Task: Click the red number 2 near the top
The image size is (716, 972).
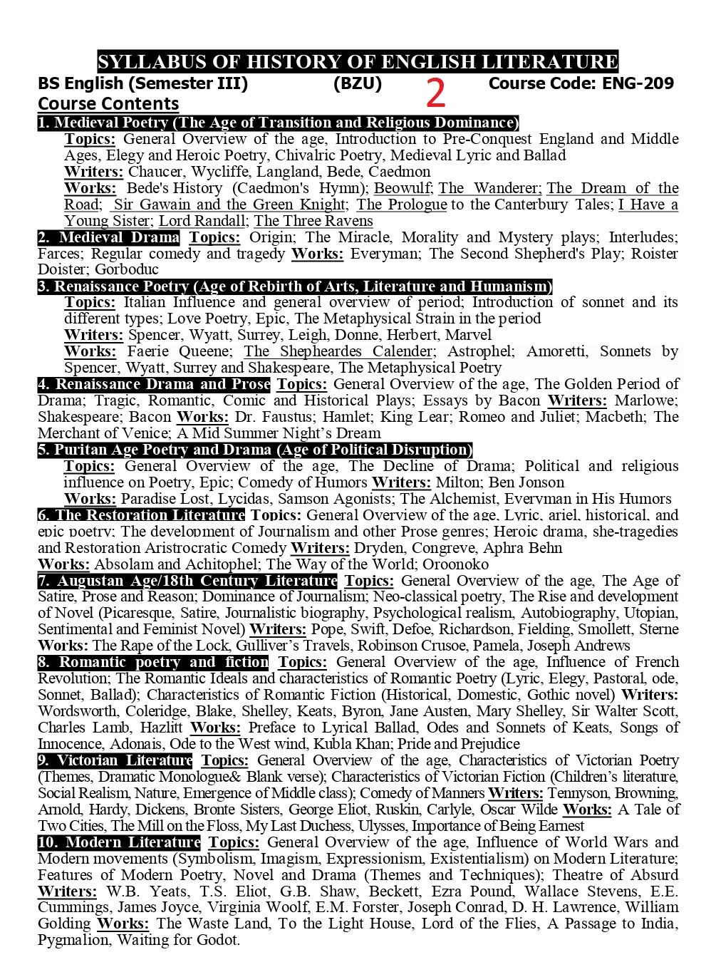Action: (436, 93)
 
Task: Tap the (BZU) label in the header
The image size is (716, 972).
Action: (357, 84)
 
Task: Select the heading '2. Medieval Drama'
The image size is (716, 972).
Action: (109, 237)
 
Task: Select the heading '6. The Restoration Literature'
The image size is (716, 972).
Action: (141, 515)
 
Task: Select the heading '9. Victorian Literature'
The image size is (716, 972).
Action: (115, 760)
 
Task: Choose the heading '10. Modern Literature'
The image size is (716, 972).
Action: (119, 842)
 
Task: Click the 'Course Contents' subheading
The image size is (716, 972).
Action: (108, 104)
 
